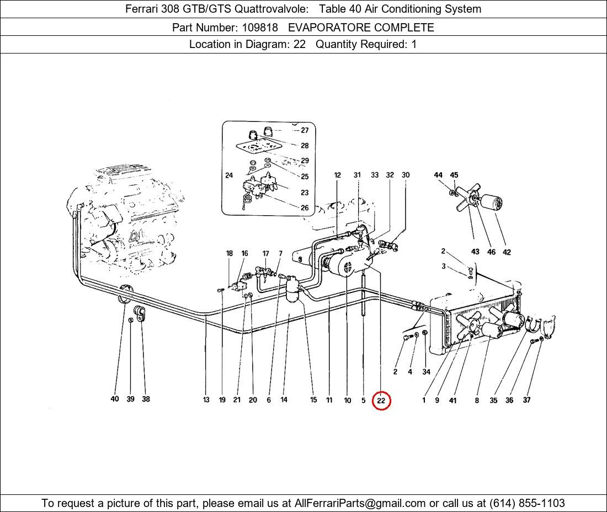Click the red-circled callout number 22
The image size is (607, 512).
(381, 401)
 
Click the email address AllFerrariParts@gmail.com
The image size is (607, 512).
(360, 503)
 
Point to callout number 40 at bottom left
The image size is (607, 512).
(115, 399)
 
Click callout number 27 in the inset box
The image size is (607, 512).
(305, 131)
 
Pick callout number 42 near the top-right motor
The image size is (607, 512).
(507, 252)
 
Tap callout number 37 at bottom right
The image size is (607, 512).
(526, 400)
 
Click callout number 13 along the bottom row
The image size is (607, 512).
(206, 400)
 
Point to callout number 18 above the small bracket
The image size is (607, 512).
(230, 254)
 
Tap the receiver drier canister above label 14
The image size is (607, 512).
(293, 290)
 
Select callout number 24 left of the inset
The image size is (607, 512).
(229, 175)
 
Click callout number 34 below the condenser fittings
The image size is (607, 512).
(426, 372)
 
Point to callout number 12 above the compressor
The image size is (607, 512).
(338, 175)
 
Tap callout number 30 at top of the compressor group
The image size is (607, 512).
(406, 175)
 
